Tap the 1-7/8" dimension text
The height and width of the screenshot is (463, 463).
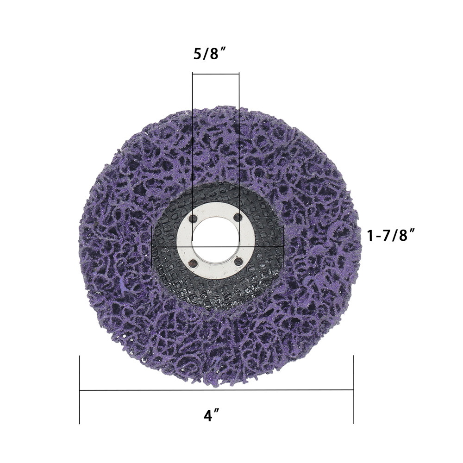pyautogui.click(x=390, y=236)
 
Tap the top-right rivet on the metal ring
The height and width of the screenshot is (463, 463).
pyautogui.click(x=237, y=217)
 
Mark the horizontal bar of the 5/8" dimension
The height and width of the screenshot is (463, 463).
pyautogui.click(x=216, y=74)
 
